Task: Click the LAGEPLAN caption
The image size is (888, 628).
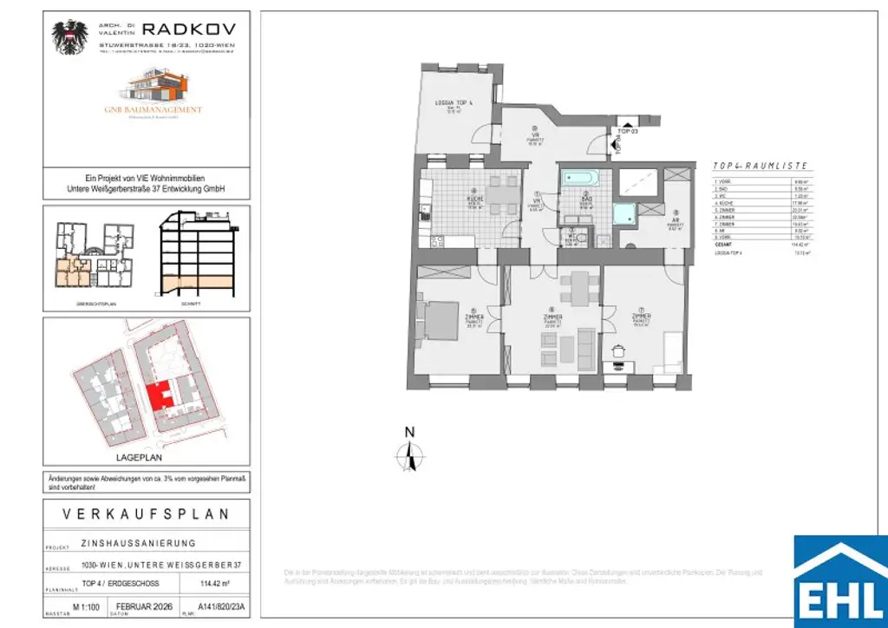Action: pos(139,457)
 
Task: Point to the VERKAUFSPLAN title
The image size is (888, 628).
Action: pos(147,514)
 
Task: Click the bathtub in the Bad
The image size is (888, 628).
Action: pos(578,180)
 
